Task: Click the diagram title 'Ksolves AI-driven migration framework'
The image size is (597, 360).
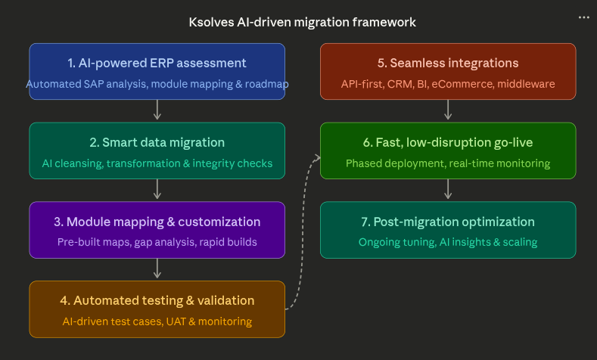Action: pyautogui.click(x=302, y=22)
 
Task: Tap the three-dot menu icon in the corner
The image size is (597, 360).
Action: pyautogui.click(x=583, y=17)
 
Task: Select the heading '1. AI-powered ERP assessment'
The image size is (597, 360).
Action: pyautogui.click(x=157, y=63)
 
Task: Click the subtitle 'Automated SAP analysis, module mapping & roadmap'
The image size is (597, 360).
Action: pyautogui.click(x=157, y=84)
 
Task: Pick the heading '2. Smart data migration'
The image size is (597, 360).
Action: pyautogui.click(x=157, y=142)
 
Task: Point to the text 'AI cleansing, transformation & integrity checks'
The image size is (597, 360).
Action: pyautogui.click(x=157, y=163)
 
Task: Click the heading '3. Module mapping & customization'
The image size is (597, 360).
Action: pyautogui.click(x=157, y=222)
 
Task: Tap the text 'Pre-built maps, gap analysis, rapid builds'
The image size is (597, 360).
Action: pyautogui.click(x=157, y=243)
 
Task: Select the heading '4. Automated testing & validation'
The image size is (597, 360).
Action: pyautogui.click(x=157, y=300)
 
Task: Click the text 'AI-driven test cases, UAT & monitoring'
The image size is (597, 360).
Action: pyautogui.click(x=157, y=321)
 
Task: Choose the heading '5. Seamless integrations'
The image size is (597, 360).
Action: pyautogui.click(x=448, y=63)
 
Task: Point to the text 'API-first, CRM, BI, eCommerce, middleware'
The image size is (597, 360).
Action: pyautogui.click(x=448, y=84)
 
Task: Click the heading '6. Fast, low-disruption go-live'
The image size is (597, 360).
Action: pyautogui.click(x=448, y=142)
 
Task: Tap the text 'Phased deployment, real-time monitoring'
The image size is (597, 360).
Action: pyautogui.click(x=448, y=163)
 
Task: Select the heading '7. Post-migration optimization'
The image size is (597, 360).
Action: pyautogui.click(x=448, y=222)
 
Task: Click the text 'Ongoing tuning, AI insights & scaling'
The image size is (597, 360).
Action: pyautogui.click(x=448, y=243)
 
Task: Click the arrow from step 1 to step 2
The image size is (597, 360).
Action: pyautogui.click(x=157, y=110)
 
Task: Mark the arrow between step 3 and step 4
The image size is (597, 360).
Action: pyautogui.click(x=157, y=268)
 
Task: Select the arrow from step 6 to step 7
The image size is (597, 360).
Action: pyautogui.click(x=448, y=190)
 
